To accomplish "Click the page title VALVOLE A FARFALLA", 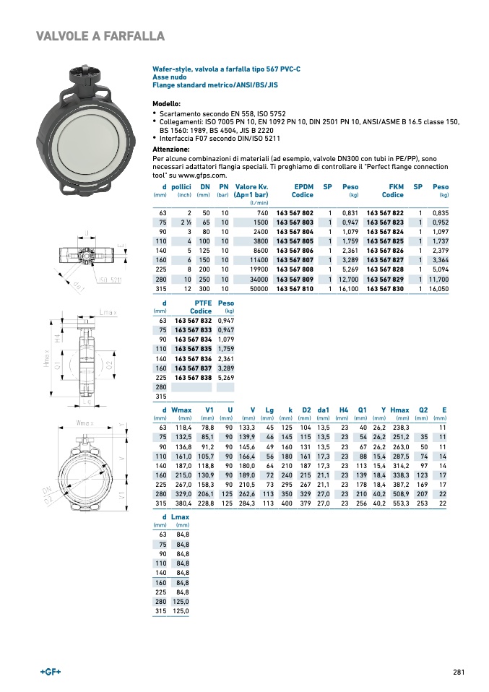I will click(x=100, y=36).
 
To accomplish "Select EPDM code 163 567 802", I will click(x=295, y=213).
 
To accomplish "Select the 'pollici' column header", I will click(x=181, y=186).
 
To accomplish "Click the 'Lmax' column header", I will click(x=180, y=517).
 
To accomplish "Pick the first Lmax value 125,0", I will click(x=182, y=602).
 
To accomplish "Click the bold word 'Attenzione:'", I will click(x=171, y=149).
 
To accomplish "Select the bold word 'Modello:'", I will click(x=166, y=103).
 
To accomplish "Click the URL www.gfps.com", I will click(x=203, y=176).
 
